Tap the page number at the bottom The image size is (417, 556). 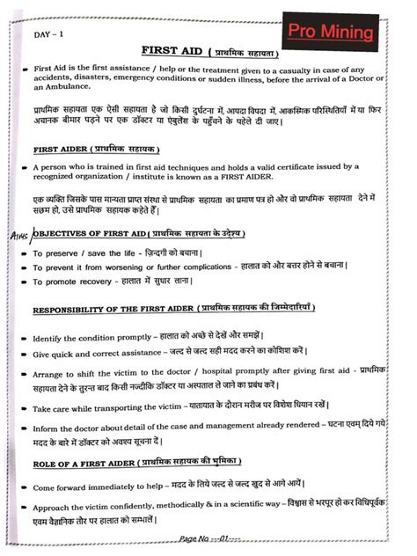[x=203, y=538]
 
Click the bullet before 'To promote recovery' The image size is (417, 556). [x=25, y=282]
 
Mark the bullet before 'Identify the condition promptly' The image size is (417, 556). [x=25, y=339]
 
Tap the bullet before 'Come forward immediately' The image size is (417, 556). [x=25, y=486]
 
